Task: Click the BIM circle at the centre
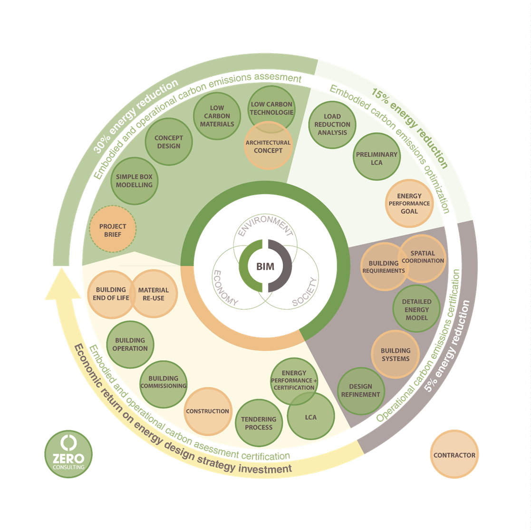(265, 266)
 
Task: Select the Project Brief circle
(113, 230)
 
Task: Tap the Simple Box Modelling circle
(135, 181)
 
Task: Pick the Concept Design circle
(169, 142)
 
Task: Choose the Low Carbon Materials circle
(217, 116)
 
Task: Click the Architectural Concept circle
(268, 147)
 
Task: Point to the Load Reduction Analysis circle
(332, 124)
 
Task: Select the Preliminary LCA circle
(377, 158)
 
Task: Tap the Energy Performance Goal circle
(409, 203)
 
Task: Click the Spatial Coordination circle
(422, 257)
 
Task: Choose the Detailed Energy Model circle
(417, 309)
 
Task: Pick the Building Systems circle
(395, 355)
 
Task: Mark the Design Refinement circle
(361, 390)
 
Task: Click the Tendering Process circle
(259, 423)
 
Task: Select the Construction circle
(207, 411)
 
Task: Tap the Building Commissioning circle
(164, 382)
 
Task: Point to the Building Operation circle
(130, 344)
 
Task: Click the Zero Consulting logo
(68, 454)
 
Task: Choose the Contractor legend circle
(454, 455)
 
